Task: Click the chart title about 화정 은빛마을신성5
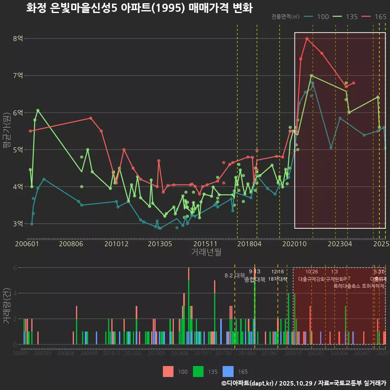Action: (139, 9)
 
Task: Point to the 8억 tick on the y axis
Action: (18, 39)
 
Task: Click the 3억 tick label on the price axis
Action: (18, 224)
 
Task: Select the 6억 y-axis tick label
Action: (18, 113)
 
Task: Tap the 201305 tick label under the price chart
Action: (160, 244)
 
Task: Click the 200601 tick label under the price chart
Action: (27, 244)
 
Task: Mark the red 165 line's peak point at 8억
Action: (307, 39)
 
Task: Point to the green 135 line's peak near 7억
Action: (311, 76)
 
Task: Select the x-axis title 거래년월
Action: (206, 252)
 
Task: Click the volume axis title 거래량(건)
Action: (6, 306)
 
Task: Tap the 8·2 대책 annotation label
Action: (232, 275)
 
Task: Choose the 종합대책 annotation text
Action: (255, 279)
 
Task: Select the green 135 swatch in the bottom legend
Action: (198, 371)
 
